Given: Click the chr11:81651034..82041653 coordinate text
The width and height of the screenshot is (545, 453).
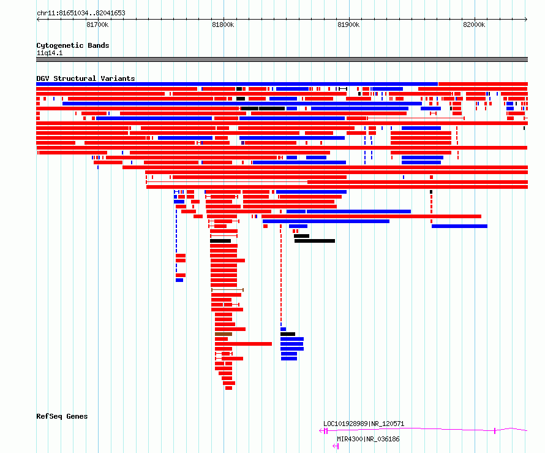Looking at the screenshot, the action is click(x=81, y=13).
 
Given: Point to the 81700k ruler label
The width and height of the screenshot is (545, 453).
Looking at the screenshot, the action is click(x=97, y=25).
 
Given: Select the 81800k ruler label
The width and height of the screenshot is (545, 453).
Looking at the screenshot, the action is click(x=223, y=25).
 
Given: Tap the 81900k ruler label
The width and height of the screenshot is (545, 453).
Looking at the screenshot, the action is click(x=348, y=25).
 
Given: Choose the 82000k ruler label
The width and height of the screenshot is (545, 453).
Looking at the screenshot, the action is click(x=474, y=25).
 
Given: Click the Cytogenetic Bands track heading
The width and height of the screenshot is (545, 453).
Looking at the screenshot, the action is click(x=73, y=45).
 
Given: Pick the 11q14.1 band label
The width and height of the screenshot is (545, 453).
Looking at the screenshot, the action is click(x=50, y=53).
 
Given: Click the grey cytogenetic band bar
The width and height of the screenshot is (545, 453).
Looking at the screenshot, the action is click(x=282, y=59).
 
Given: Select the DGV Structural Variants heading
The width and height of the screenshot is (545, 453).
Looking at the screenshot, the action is click(x=86, y=78).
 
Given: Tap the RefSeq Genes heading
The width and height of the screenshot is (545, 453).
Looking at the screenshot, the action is click(x=62, y=416).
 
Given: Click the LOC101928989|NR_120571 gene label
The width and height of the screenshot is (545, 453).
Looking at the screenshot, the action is click(x=364, y=424).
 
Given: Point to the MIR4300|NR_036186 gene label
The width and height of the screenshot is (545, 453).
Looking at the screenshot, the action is click(x=368, y=439).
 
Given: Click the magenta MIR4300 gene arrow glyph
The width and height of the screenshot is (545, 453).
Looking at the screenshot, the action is click(x=336, y=446).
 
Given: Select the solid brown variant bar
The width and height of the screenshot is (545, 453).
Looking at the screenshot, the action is click(x=223, y=334).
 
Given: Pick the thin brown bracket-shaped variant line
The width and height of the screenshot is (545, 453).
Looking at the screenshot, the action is click(x=227, y=290).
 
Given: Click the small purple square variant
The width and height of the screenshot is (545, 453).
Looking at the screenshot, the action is click(x=242, y=143).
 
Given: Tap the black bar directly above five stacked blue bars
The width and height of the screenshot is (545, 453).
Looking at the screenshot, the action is click(x=288, y=334).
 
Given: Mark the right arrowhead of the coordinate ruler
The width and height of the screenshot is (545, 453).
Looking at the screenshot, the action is click(x=526, y=19).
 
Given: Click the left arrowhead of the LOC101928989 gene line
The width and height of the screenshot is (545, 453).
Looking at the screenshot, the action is click(x=321, y=431).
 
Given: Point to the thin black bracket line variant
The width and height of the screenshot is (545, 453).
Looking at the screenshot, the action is click(x=343, y=89).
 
